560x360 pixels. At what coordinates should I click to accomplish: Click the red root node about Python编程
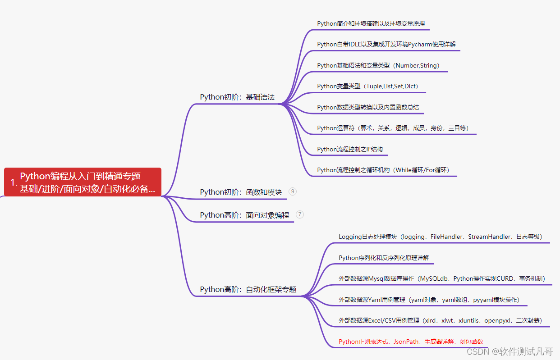click(x=83, y=182)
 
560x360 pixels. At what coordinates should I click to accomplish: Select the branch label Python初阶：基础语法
click(x=237, y=97)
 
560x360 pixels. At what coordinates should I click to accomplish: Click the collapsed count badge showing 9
click(x=293, y=191)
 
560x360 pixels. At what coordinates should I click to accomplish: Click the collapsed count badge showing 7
click(x=300, y=214)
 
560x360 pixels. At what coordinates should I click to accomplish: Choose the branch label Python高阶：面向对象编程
click(x=244, y=215)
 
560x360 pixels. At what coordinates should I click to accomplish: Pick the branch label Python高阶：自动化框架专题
click(x=248, y=289)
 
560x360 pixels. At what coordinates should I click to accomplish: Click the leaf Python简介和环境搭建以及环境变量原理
click(x=371, y=23)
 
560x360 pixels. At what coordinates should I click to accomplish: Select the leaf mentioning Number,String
click(x=378, y=65)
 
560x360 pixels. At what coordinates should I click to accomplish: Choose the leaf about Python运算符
click(x=393, y=128)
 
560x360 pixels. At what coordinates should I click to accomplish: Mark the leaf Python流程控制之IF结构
click(x=350, y=149)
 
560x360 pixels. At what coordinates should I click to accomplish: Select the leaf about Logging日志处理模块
click(x=440, y=237)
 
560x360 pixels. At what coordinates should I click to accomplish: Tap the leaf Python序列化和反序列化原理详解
click(x=384, y=258)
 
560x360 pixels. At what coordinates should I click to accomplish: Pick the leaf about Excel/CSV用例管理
click(x=440, y=320)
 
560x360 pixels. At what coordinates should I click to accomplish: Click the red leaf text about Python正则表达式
click(x=411, y=342)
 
